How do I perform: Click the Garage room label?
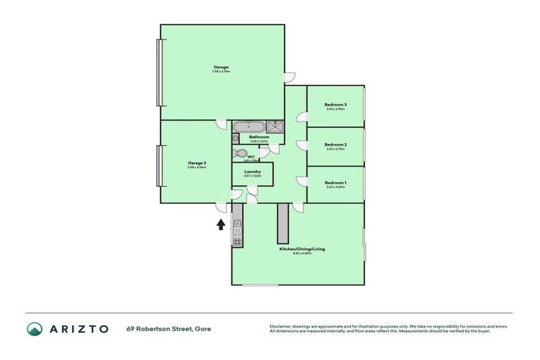tap(221, 67)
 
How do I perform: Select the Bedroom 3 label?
tap(335, 105)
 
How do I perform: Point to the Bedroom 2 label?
tap(335, 144)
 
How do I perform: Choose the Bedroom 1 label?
tap(335, 183)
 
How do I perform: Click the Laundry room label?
tap(252, 172)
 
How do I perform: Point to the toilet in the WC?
tap(239, 153)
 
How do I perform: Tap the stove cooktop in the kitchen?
tap(238, 242)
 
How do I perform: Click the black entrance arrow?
tap(221, 224)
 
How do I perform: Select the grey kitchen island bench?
tap(283, 224)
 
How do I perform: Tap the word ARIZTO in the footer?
tap(79, 328)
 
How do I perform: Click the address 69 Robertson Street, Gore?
tap(169, 328)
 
